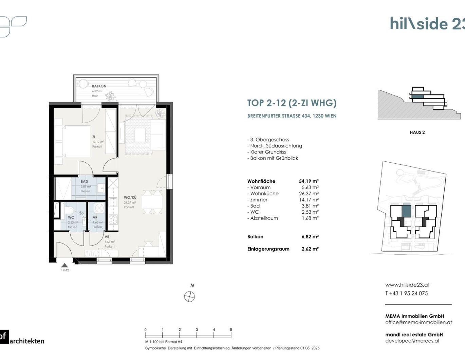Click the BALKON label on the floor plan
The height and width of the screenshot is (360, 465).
(99, 86)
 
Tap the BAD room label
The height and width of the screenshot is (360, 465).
(84, 182)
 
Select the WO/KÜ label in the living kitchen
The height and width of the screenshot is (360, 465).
(130, 197)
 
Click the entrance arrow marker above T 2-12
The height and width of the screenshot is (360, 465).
(64, 265)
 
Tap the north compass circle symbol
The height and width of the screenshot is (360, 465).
(189, 297)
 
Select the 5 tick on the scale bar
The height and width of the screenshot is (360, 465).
(231, 330)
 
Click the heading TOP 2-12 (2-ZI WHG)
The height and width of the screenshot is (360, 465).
(292, 103)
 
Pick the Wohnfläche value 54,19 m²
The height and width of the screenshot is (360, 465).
(309, 181)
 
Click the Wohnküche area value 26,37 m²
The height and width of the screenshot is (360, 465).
(309, 194)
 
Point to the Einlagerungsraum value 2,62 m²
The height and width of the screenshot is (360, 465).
(310, 249)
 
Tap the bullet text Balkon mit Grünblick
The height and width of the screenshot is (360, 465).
(274, 158)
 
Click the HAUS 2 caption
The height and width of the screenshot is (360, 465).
(417, 132)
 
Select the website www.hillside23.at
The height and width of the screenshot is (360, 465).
(407, 285)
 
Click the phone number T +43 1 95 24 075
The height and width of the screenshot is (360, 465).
(406, 293)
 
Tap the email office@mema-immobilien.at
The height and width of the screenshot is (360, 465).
(418, 322)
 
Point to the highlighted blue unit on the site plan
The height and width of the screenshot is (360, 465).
(406, 211)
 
